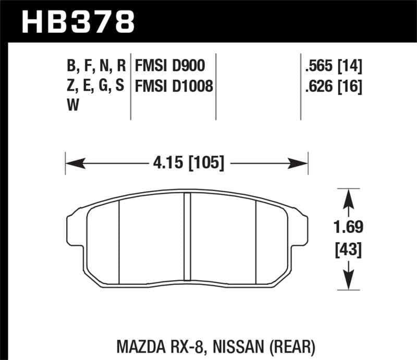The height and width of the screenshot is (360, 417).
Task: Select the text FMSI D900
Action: [x=169, y=66]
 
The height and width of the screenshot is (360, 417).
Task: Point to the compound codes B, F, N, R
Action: [x=96, y=66]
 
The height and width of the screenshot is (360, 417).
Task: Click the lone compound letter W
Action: [x=72, y=105]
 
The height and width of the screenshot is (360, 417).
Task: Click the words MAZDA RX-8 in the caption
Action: [x=162, y=344]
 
